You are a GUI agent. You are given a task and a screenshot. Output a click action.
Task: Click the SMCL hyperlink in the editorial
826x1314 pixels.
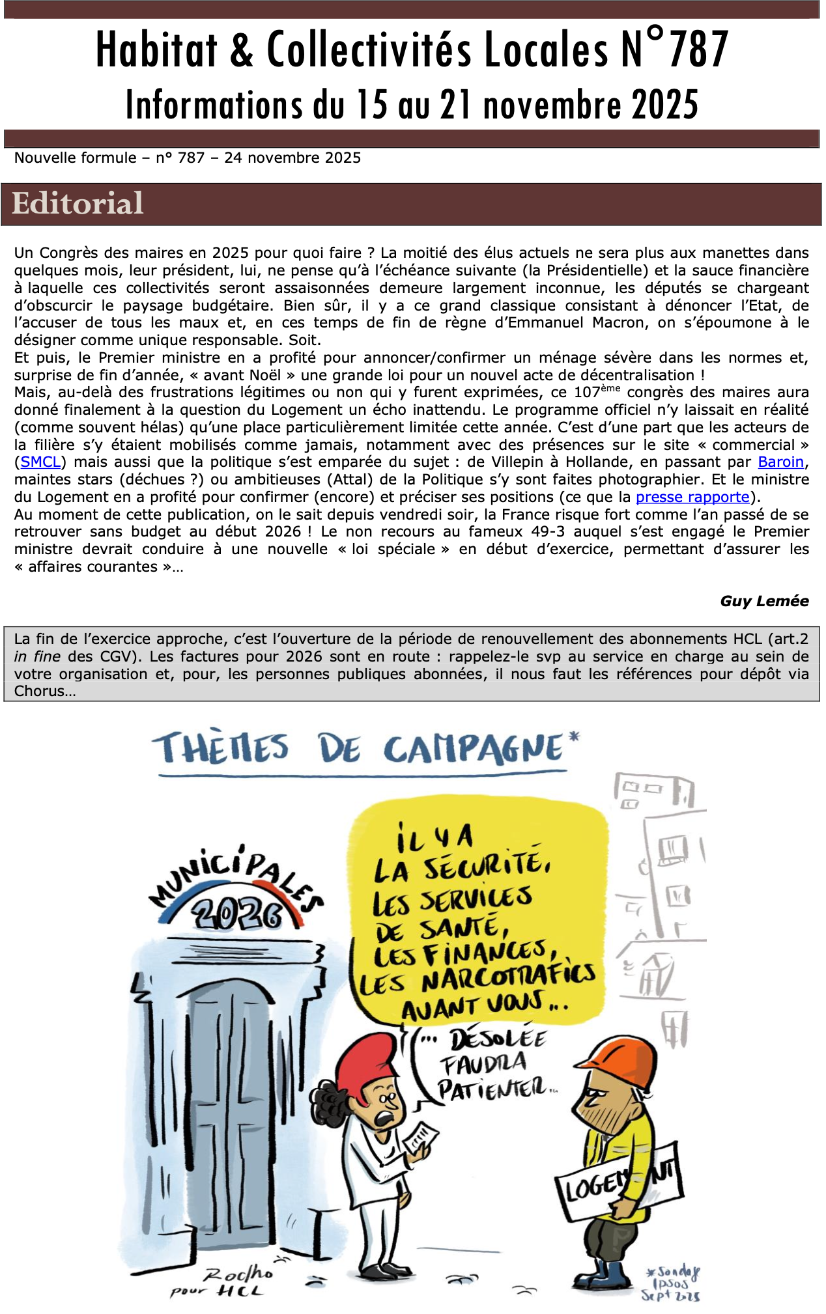(x=40, y=462)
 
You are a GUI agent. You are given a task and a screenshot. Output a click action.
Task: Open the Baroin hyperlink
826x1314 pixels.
(x=780, y=462)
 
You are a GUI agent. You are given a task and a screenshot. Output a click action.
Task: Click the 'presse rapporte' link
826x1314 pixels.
(x=692, y=497)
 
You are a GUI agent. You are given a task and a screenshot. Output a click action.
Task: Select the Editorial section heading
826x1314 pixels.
(x=78, y=203)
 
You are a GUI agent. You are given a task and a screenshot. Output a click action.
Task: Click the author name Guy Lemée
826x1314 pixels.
(x=764, y=601)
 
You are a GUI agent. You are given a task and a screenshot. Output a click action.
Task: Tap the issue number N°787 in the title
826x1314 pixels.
(x=674, y=49)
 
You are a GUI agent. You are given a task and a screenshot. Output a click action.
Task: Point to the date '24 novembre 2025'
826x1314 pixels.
(x=292, y=158)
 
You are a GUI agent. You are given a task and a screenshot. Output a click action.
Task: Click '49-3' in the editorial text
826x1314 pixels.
(x=548, y=531)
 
